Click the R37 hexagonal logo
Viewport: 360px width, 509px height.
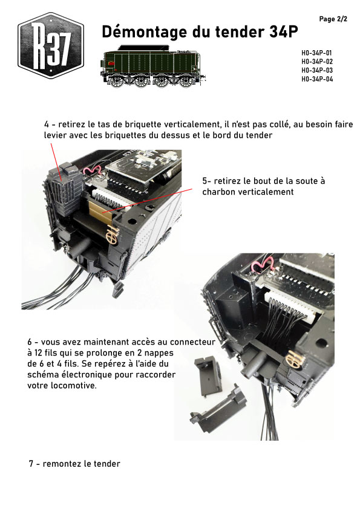pos(51,45)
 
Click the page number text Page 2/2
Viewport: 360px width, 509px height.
pos(333,19)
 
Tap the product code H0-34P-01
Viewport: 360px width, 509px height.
pos(316,53)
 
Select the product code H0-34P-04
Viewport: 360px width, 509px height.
pos(317,79)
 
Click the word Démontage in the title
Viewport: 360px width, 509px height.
pos(145,32)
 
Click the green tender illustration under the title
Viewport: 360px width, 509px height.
pos(153,66)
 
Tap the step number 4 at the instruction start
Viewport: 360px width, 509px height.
pos(47,125)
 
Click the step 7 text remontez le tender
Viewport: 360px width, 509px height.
pos(81,464)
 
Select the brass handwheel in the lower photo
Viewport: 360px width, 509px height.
pos(295,360)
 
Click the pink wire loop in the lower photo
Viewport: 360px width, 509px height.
pos(263,264)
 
